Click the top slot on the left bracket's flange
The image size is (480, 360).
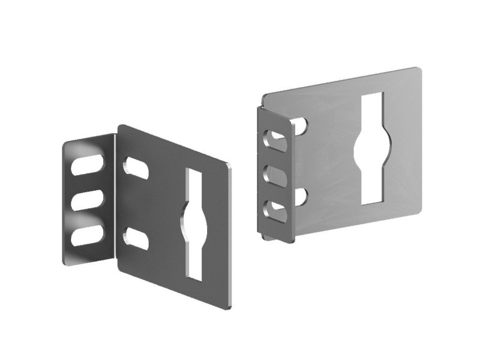click(x=88, y=164)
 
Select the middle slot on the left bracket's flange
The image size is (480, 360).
click(x=88, y=200)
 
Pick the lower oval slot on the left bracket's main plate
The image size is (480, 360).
click(x=136, y=238)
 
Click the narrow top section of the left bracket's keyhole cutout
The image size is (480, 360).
click(x=195, y=186)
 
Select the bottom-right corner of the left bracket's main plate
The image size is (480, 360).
click(x=229, y=307)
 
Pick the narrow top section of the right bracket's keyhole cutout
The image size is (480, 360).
click(x=373, y=110)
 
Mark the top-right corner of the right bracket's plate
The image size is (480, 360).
click(x=418, y=70)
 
